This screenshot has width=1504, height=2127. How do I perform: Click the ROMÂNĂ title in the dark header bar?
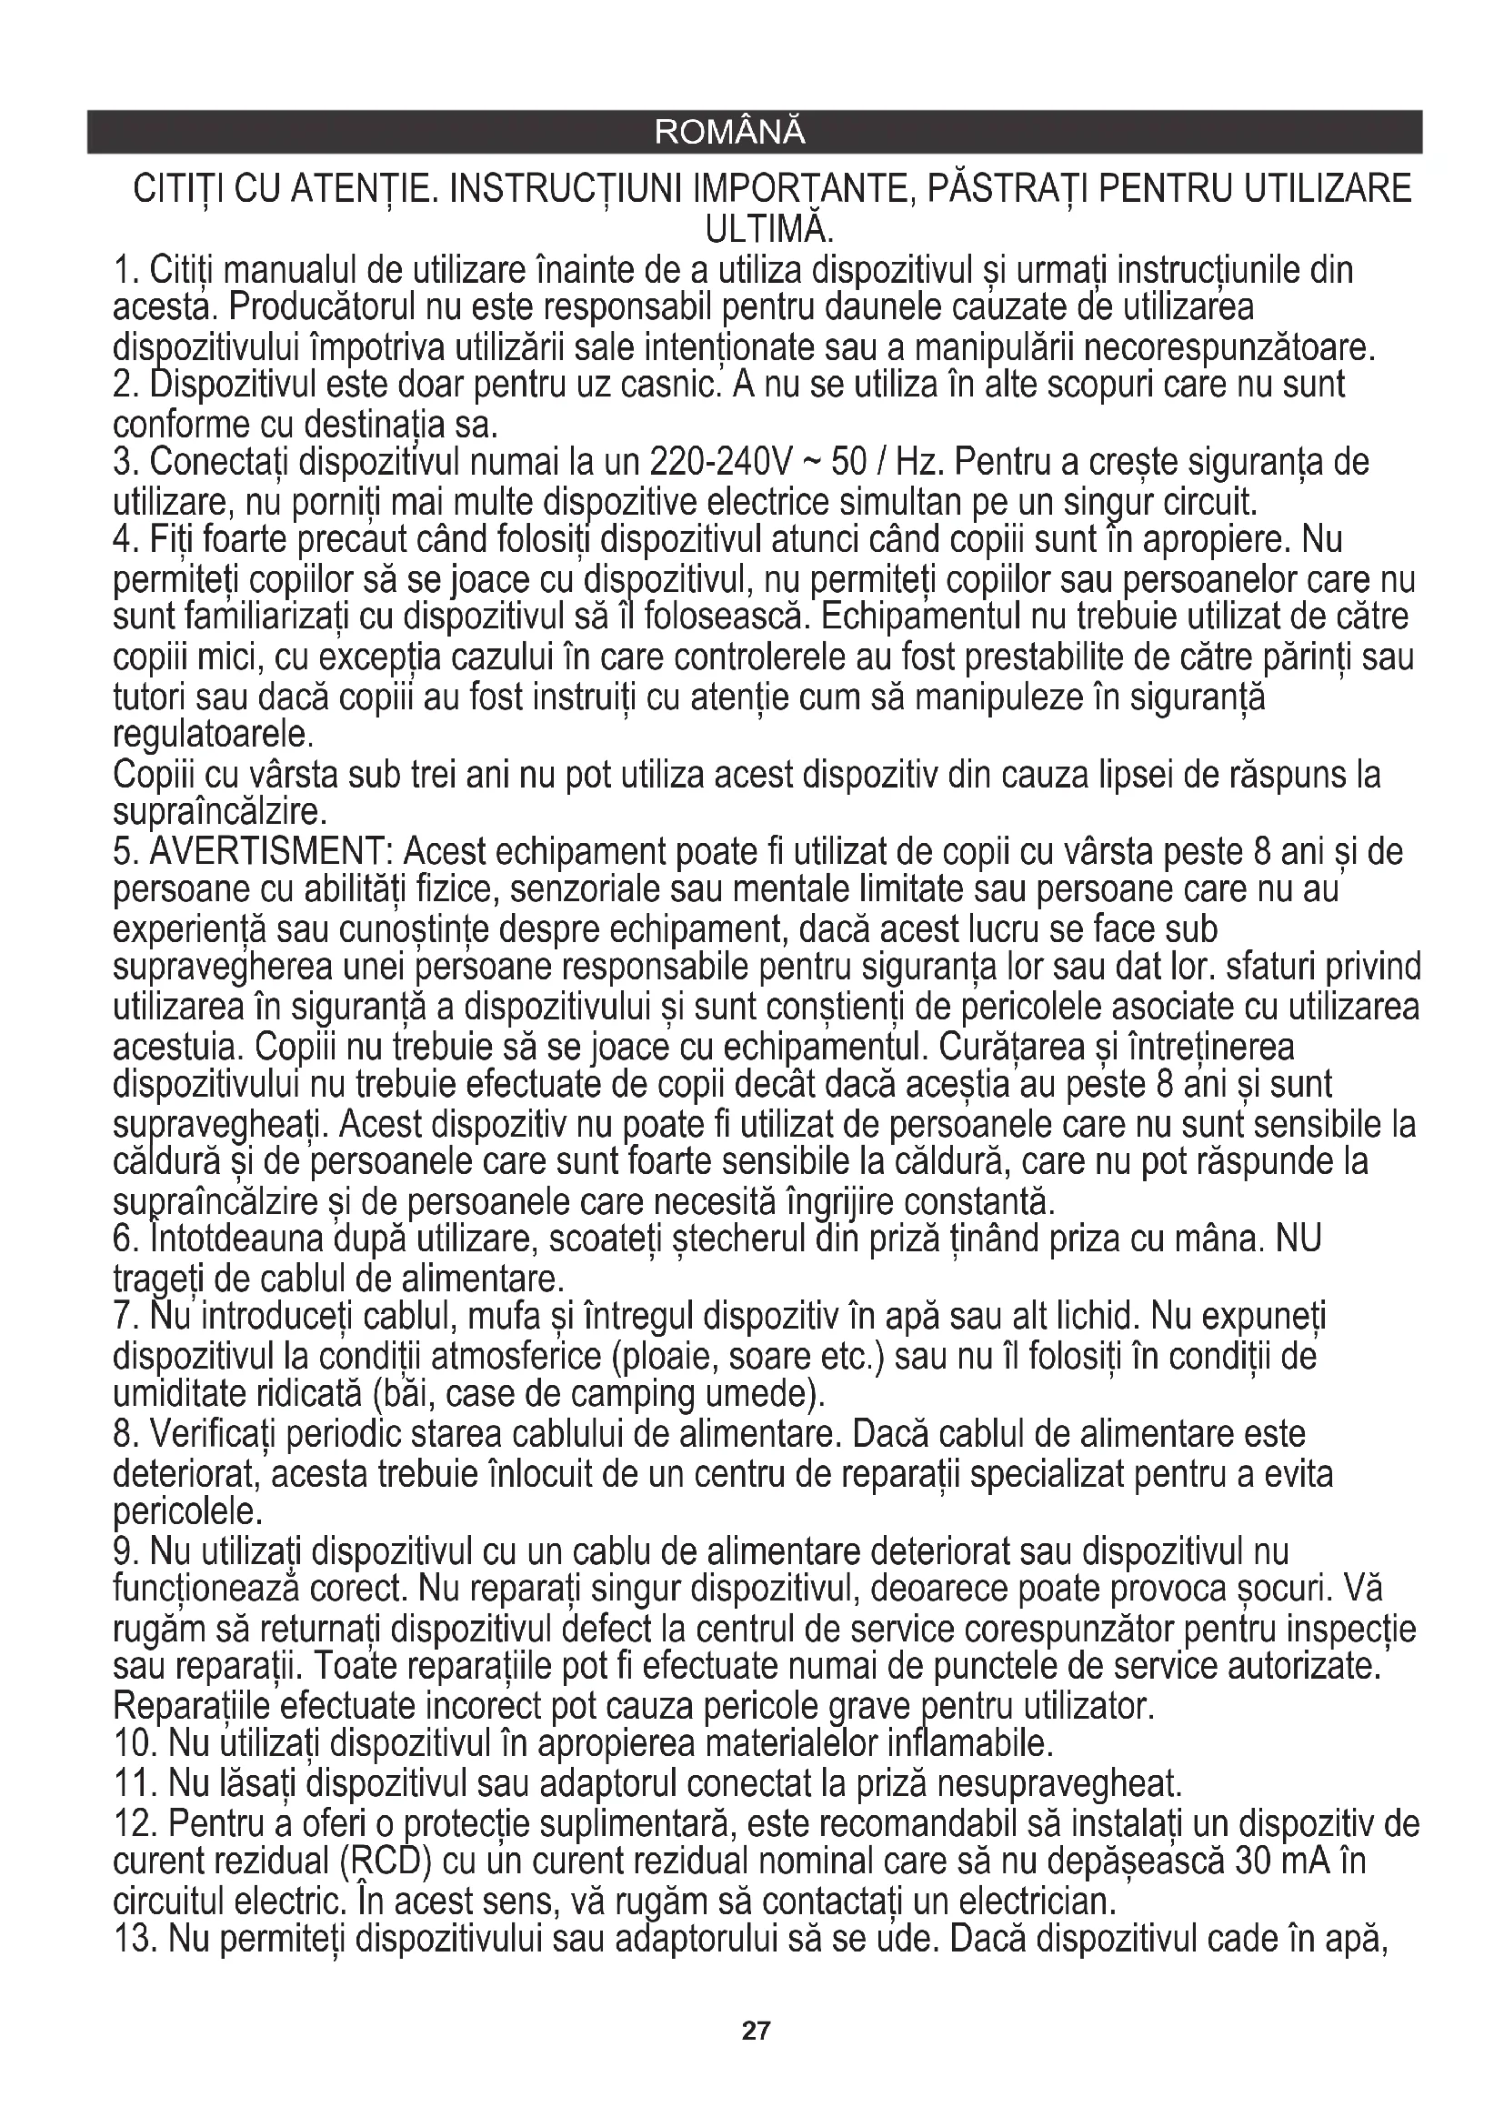pos(730,133)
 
